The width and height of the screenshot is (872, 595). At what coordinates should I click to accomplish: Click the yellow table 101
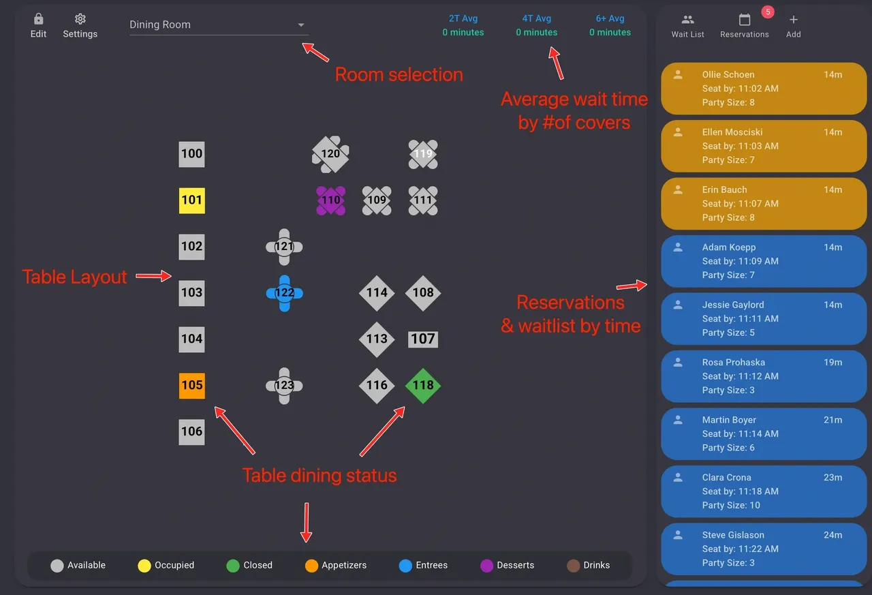click(x=191, y=200)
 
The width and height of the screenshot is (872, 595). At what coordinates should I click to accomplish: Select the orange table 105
click(x=191, y=385)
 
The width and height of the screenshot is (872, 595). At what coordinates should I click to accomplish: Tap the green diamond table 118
click(x=423, y=385)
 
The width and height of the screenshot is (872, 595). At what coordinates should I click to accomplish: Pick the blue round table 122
click(x=284, y=293)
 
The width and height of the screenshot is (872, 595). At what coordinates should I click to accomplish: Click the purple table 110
click(x=330, y=200)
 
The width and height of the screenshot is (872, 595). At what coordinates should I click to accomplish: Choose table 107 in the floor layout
click(x=423, y=339)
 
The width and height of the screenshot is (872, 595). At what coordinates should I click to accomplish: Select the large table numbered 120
click(x=330, y=154)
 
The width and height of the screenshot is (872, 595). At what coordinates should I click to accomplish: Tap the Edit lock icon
click(x=38, y=19)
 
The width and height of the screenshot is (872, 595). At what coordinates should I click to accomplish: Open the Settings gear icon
click(x=80, y=19)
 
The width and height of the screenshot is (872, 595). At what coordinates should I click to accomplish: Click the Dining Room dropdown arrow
click(x=301, y=25)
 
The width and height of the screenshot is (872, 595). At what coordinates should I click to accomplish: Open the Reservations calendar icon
click(x=745, y=20)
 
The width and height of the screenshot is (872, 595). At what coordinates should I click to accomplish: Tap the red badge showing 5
click(x=767, y=12)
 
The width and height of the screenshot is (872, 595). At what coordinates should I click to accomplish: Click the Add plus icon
click(x=794, y=20)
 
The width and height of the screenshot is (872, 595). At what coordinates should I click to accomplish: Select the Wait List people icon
click(x=688, y=20)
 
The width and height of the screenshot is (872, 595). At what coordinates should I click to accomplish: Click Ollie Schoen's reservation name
click(x=728, y=74)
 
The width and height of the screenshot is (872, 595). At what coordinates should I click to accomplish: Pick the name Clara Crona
click(x=727, y=477)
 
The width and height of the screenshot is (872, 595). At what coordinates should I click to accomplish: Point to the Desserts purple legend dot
click(x=486, y=565)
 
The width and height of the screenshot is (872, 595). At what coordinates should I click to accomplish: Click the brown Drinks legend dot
click(x=573, y=565)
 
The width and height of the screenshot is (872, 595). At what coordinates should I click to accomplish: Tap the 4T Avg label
click(x=537, y=18)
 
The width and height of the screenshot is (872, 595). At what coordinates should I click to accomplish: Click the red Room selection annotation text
click(x=399, y=74)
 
